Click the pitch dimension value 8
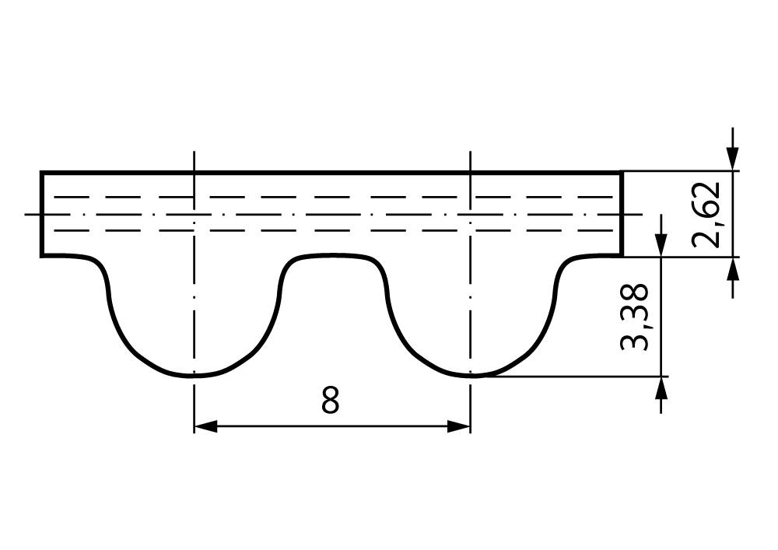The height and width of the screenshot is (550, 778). [330, 401]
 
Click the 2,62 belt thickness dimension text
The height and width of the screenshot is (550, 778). [706, 214]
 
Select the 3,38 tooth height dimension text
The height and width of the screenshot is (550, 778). [635, 317]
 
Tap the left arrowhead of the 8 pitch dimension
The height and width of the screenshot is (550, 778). [205, 426]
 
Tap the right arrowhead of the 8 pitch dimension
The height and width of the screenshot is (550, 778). [458, 426]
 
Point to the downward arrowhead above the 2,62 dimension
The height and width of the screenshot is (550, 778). [732, 159]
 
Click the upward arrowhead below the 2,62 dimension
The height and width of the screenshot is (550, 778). [732, 269]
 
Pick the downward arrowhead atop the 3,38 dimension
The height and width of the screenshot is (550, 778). [661, 245]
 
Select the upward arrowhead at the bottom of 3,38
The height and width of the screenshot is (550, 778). [661, 388]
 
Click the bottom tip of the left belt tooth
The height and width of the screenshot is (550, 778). [194, 376]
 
